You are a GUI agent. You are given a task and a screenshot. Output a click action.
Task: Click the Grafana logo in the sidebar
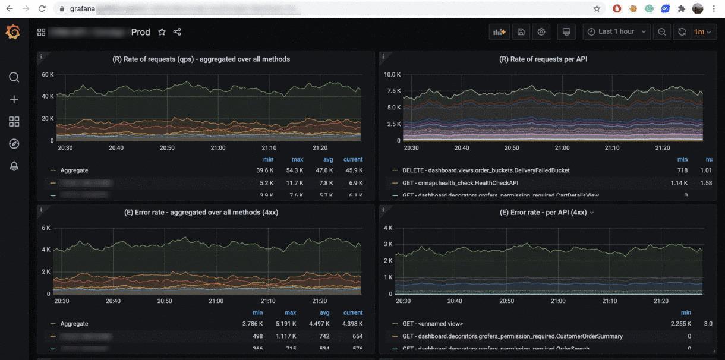point(13,32)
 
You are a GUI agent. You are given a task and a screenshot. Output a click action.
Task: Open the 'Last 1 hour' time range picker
point(616,32)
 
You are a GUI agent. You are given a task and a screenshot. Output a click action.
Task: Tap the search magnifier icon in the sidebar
point(14,77)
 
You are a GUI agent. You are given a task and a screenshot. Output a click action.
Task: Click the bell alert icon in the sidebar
point(14,166)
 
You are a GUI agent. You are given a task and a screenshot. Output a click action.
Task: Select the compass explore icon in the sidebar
point(14,144)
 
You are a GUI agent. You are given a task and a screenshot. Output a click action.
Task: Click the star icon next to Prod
point(162,32)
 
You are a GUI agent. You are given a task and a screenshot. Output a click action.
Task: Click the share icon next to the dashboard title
point(177,32)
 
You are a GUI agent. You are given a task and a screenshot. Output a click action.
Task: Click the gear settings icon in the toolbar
point(541,32)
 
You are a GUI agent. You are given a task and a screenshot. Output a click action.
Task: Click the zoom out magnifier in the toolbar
point(661,32)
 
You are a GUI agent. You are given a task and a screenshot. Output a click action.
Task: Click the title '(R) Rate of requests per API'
point(543,59)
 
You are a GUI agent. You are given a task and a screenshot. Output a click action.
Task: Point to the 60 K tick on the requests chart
point(48,75)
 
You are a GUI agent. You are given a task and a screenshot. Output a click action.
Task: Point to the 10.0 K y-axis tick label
point(392,75)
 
